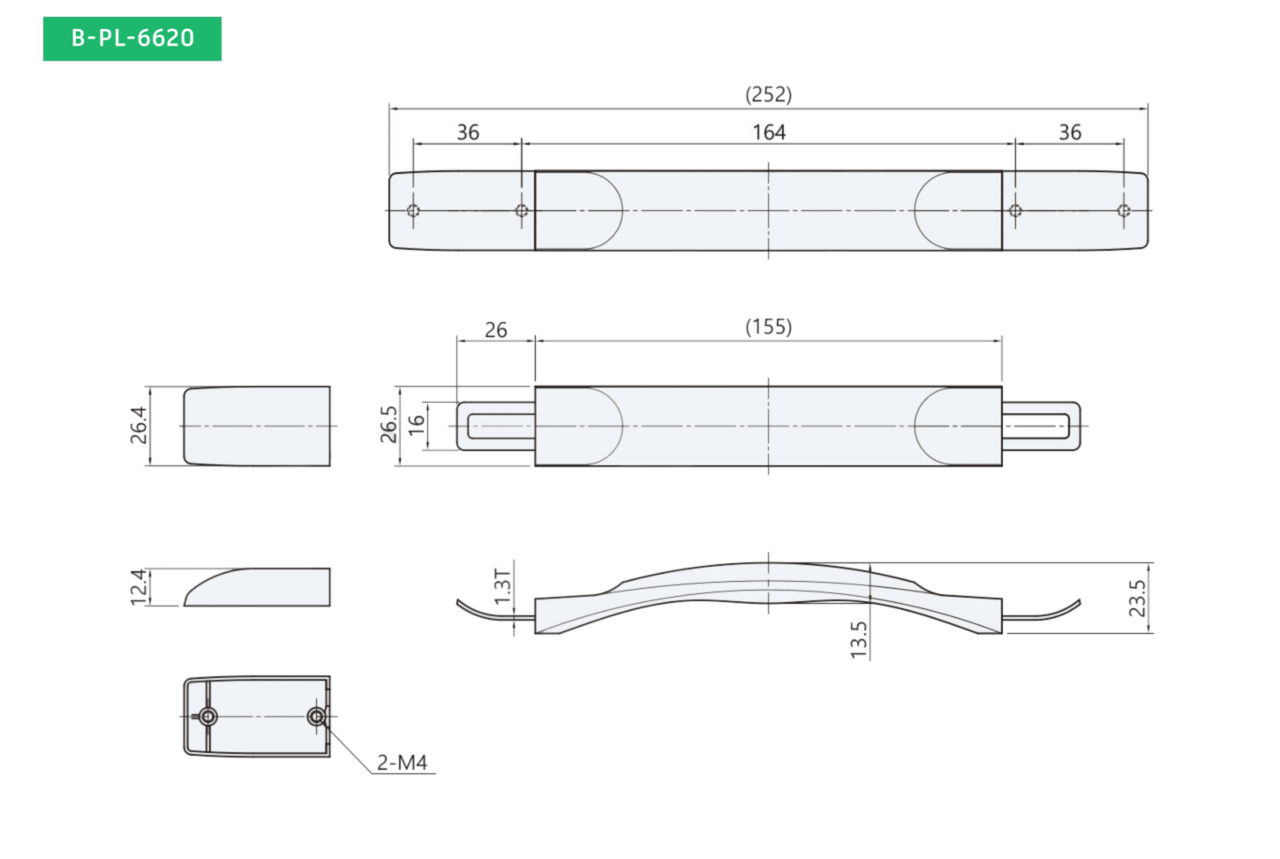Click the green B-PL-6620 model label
point(132,38)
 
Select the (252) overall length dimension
point(769,94)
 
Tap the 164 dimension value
point(769,132)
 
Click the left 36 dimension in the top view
point(468,132)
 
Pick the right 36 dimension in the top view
point(1070,132)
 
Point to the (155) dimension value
point(769,327)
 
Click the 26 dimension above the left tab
point(495,330)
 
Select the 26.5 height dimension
point(388,425)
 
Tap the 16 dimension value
point(418,425)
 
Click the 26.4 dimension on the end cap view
point(139,426)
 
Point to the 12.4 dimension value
point(139,587)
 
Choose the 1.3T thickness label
point(502,586)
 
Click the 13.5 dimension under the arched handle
point(858,640)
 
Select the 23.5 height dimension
point(1137,599)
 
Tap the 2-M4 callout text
point(402,763)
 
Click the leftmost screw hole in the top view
point(413,211)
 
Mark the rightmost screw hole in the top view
point(1124,211)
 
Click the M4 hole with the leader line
point(316,716)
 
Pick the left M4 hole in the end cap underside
point(207,716)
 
